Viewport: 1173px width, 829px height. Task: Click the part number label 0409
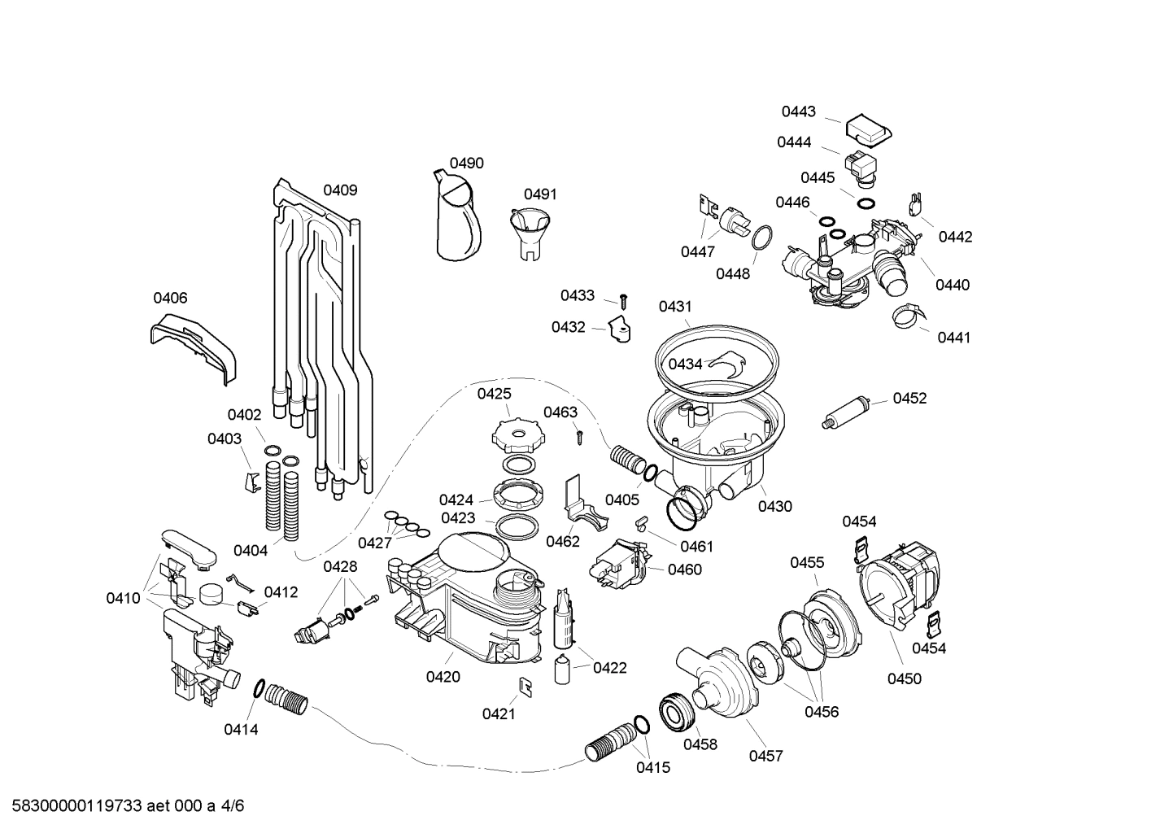340,190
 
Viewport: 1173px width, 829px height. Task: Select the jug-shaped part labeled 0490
457,218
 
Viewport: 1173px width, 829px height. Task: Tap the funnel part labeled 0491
527,232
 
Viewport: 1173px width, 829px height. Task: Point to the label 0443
798,111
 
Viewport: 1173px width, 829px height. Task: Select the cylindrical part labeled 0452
847,411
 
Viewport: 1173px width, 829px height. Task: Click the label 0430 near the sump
774,506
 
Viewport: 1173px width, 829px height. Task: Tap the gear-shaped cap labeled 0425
517,434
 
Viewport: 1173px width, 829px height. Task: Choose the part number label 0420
443,676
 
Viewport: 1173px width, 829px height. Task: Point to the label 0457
765,756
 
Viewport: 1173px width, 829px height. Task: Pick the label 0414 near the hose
241,730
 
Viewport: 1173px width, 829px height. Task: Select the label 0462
563,541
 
